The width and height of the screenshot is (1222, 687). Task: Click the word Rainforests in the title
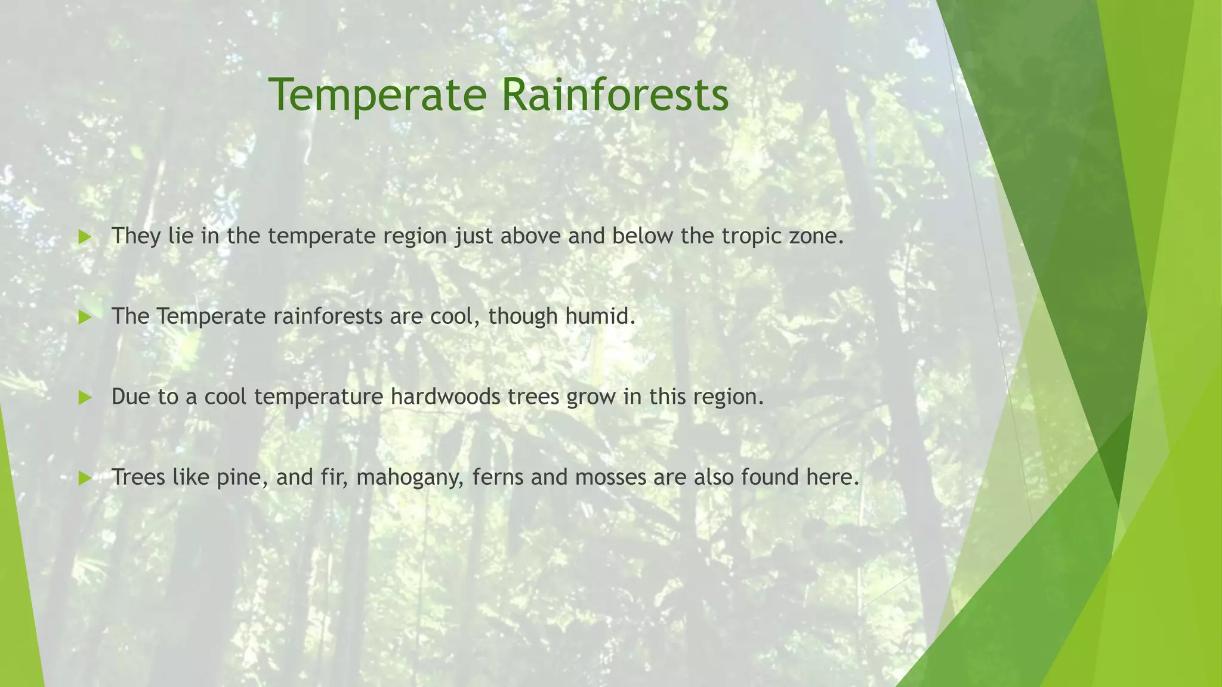pos(615,95)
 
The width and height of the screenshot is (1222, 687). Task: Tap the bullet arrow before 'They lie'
pos(85,237)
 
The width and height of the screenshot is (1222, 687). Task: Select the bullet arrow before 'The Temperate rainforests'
pos(85,317)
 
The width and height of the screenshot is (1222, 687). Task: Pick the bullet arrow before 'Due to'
pos(85,398)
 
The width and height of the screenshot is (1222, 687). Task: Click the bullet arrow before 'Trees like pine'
pos(85,478)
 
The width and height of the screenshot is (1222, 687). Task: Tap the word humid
pos(600,316)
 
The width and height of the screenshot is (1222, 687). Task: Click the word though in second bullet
pos(523,317)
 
